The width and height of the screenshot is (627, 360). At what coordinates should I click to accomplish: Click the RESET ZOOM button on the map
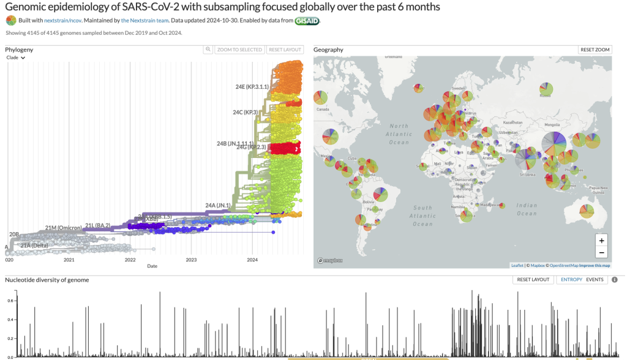(x=595, y=50)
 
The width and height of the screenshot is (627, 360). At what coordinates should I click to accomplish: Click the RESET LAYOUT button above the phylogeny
(x=285, y=50)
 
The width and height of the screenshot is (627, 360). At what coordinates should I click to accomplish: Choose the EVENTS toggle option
(x=595, y=280)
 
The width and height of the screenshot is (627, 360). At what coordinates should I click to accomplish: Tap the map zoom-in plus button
(x=601, y=241)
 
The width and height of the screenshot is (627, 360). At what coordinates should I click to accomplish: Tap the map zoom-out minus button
(x=601, y=252)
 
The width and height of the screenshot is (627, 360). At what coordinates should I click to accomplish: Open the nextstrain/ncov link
(x=63, y=21)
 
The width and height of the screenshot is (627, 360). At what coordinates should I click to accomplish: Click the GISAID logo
(x=307, y=21)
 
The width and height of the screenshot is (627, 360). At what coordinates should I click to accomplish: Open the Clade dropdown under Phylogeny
(x=16, y=58)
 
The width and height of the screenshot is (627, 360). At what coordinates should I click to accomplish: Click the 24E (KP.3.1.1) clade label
(x=252, y=87)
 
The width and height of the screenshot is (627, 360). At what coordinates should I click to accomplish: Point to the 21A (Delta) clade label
(x=34, y=246)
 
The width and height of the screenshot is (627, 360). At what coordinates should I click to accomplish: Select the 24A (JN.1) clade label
(x=218, y=205)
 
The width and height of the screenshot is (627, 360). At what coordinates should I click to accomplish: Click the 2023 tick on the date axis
(x=191, y=260)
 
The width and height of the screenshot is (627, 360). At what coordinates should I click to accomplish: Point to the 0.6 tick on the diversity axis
(x=10, y=301)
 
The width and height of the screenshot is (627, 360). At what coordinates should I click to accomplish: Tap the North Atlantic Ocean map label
(x=399, y=134)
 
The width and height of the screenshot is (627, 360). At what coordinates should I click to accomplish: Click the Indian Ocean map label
(x=527, y=209)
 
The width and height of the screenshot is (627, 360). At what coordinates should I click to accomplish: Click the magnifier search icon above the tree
(x=208, y=50)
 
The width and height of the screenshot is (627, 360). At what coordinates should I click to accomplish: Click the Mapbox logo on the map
(x=330, y=261)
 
